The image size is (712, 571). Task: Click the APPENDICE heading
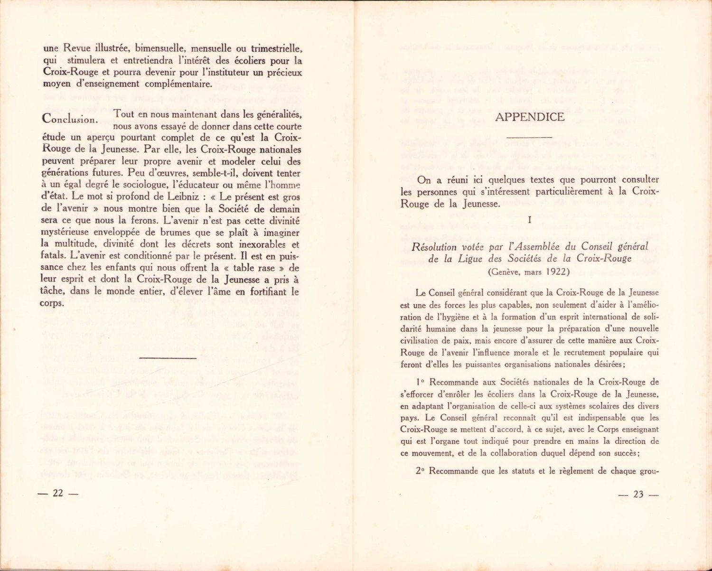tap(530, 117)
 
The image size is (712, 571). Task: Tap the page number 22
tap(58, 493)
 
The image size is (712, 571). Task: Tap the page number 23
tap(638, 495)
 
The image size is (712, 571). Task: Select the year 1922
tap(557, 272)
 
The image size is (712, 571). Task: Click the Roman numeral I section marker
tap(530, 220)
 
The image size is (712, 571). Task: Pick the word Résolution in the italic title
tap(434, 247)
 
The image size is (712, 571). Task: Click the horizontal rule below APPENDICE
tap(530, 138)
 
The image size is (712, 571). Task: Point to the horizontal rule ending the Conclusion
tap(169, 358)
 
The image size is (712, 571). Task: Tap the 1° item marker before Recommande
tap(420, 382)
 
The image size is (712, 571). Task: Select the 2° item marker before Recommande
tap(420, 471)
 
